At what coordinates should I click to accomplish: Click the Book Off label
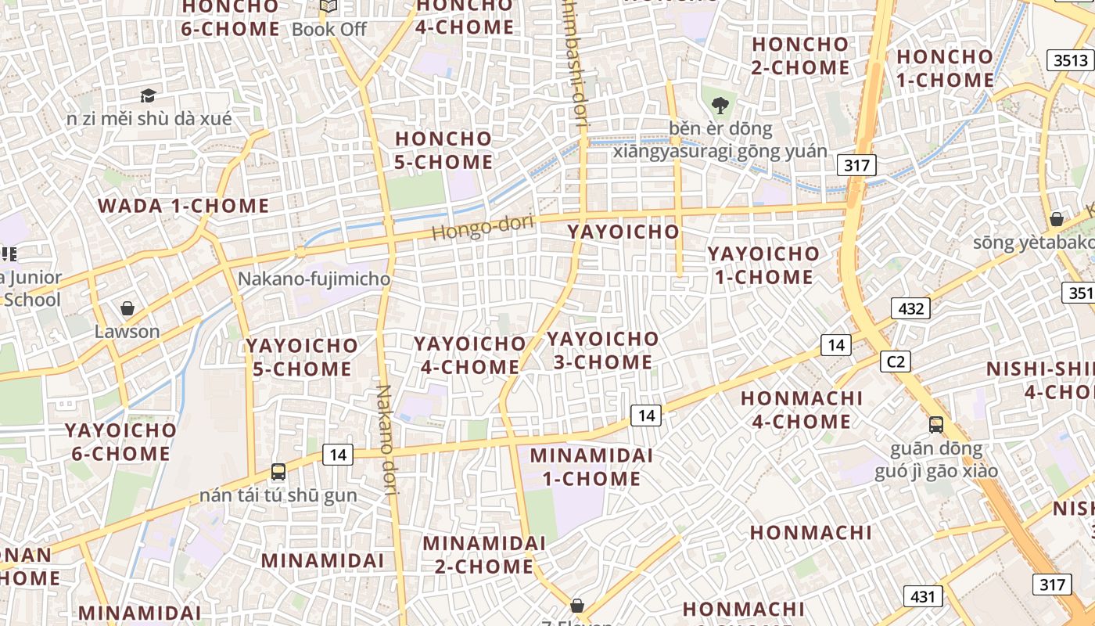point(329,30)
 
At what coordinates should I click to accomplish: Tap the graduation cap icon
point(148,96)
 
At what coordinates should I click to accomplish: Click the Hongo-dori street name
point(483,228)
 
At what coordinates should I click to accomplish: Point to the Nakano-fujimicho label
point(314,279)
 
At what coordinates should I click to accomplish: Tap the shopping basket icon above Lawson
point(127,308)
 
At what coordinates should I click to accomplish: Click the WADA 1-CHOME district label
point(183,207)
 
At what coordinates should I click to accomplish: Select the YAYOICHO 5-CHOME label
point(302,357)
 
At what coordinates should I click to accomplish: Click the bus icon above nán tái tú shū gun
point(278,472)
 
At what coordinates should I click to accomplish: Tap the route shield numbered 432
point(911,308)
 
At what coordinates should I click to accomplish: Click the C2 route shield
point(896,361)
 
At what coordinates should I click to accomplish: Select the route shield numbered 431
point(923,596)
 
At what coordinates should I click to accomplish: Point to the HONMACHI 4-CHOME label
point(802,410)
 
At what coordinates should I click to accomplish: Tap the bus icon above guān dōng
point(936,425)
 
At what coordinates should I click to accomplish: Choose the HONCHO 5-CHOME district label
point(444,150)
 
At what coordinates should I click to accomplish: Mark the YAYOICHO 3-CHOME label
point(603,351)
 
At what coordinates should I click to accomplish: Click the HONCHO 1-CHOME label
point(945,68)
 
